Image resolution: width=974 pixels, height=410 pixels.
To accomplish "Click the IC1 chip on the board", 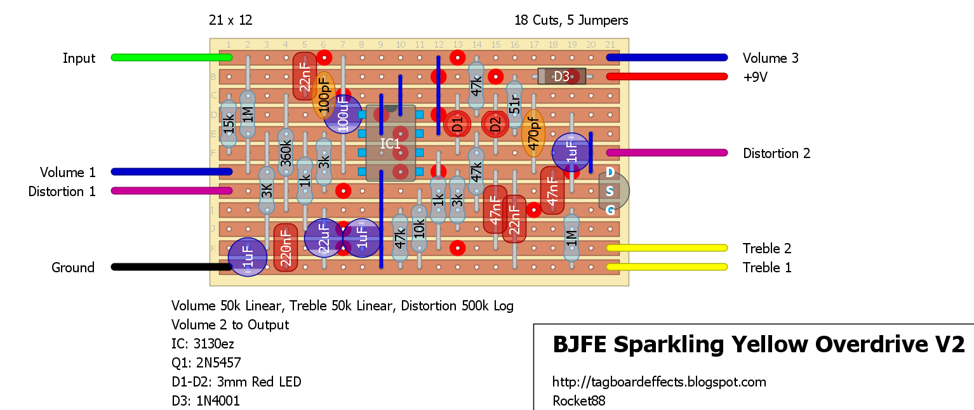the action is point(390,143).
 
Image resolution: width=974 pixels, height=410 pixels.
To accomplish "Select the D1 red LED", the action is point(457,124).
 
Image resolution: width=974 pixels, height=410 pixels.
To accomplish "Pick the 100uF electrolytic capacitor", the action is point(343,114).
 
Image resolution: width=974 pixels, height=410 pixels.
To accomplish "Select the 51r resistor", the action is point(514,105).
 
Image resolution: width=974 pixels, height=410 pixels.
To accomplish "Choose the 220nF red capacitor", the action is point(286,248).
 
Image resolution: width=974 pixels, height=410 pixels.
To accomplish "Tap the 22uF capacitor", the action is point(323,239).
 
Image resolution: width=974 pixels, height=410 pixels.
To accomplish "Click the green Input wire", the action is point(171,58).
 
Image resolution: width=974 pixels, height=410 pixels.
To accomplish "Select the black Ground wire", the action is point(171,267).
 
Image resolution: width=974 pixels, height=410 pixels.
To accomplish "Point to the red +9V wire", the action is point(667,77).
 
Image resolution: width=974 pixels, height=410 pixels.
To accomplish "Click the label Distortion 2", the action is point(777,154).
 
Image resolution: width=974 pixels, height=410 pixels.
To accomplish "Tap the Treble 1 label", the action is point(767,268).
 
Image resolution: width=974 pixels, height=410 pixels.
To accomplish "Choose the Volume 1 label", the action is point(68,173).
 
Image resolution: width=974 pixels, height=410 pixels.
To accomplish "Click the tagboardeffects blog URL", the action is point(659,382).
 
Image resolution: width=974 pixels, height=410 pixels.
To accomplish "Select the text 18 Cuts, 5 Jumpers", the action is point(571,20).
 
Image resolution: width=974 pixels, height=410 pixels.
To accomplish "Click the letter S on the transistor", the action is point(610,191).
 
